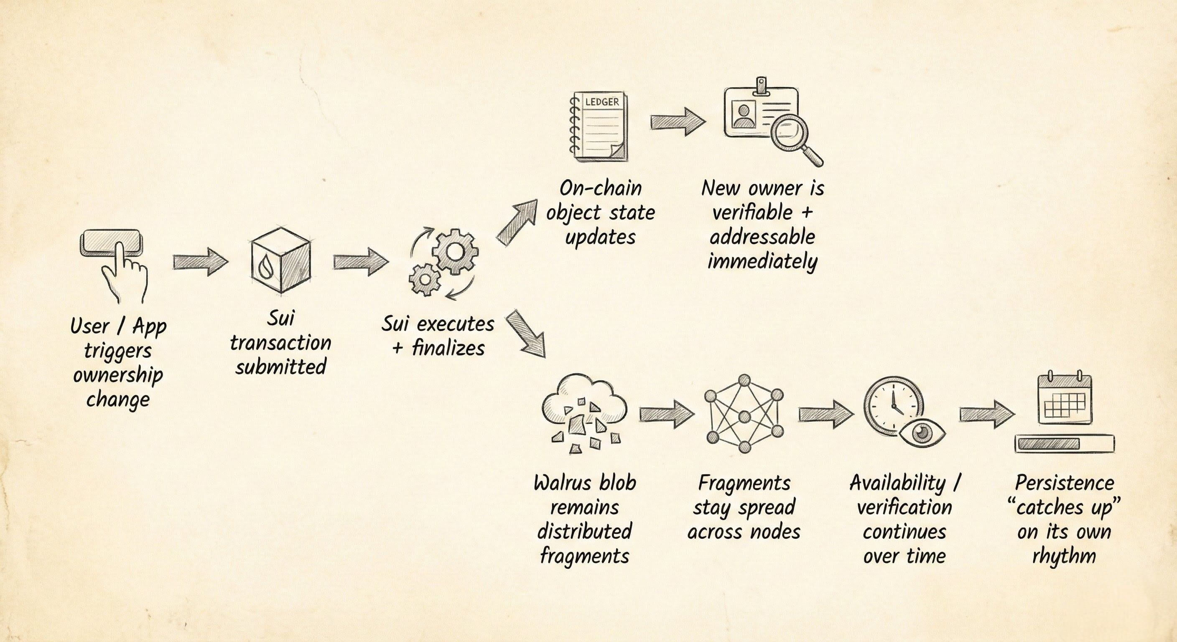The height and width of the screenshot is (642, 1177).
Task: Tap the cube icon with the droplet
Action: pyautogui.click(x=280, y=260)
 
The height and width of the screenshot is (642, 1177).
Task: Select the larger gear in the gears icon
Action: pyautogui.click(x=455, y=251)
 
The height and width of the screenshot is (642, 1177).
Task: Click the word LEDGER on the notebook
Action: pyautogui.click(x=602, y=102)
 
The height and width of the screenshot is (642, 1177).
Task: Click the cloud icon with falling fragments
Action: pyautogui.click(x=584, y=411)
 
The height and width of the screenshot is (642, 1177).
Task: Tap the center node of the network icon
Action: pyautogui.click(x=744, y=416)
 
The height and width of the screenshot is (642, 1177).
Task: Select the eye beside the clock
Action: pyautogui.click(x=922, y=432)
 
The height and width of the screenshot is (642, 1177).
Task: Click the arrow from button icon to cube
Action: pyautogui.click(x=200, y=262)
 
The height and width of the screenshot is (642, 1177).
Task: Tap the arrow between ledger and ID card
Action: pyautogui.click(x=678, y=122)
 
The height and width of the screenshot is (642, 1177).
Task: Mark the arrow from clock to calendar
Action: pyautogui.click(x=986, y=415)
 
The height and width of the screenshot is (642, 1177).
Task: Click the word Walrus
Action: pyautogui.click(x=562, y=484)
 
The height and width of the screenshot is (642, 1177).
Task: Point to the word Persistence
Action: pyautogui.click(x=1064, y=483)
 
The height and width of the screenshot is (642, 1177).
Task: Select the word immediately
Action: pyautogui.click(x=762, y=262)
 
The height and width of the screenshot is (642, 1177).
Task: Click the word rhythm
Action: pyautogui.click(x=1064, y=556)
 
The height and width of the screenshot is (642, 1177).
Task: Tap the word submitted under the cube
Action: pyautogui.click(x=280, y=367)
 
